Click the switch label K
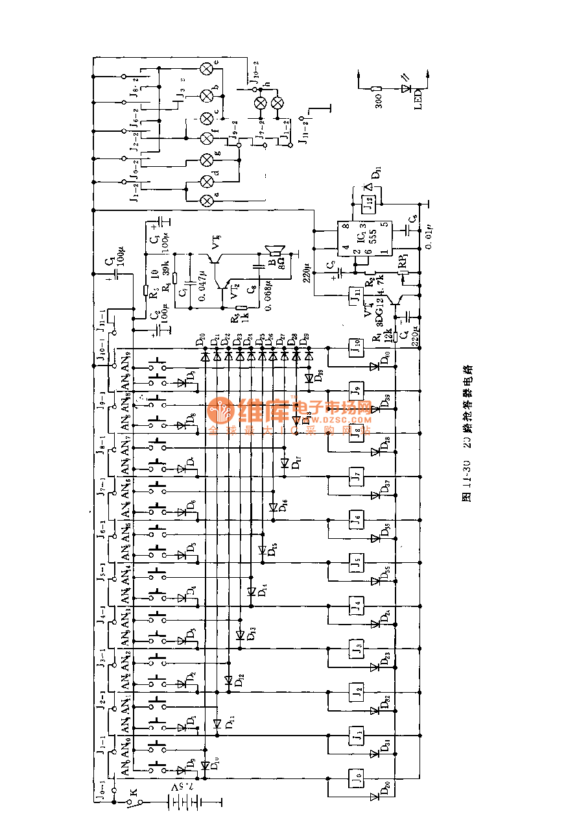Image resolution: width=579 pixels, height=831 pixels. [135, 791]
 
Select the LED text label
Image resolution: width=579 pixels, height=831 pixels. [419, 100]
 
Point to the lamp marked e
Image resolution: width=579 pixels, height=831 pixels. [207, 68]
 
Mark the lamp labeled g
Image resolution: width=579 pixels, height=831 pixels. [207, 160]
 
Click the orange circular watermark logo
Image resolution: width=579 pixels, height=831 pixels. [222, 412]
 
